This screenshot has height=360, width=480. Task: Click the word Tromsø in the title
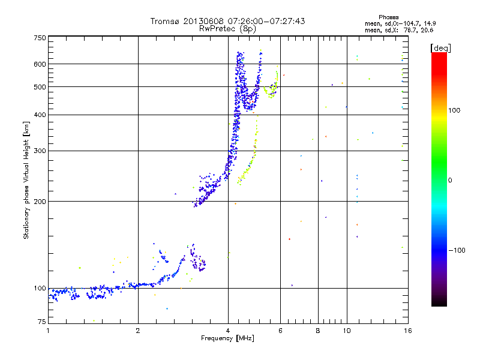coord(165,21)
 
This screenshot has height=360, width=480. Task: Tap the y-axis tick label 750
coord(40,38)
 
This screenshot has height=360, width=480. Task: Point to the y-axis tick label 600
coord(40,64)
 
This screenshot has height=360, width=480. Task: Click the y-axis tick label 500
coord(40,87)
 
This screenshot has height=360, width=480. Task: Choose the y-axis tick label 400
coord(40,115)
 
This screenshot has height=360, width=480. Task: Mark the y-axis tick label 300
coord(40,151)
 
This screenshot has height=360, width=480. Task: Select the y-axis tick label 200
coord(40,202)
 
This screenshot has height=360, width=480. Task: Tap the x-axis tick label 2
coord(138,331)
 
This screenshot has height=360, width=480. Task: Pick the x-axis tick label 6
coord(280,331)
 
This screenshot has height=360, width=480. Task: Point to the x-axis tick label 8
coord(318,331)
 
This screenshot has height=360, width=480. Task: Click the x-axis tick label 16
coord(407,331)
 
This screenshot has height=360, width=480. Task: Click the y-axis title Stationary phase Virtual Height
coord(26,180)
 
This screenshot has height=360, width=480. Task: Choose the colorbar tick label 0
coord(450,180)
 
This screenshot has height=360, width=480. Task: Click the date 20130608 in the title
coord(203,21)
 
